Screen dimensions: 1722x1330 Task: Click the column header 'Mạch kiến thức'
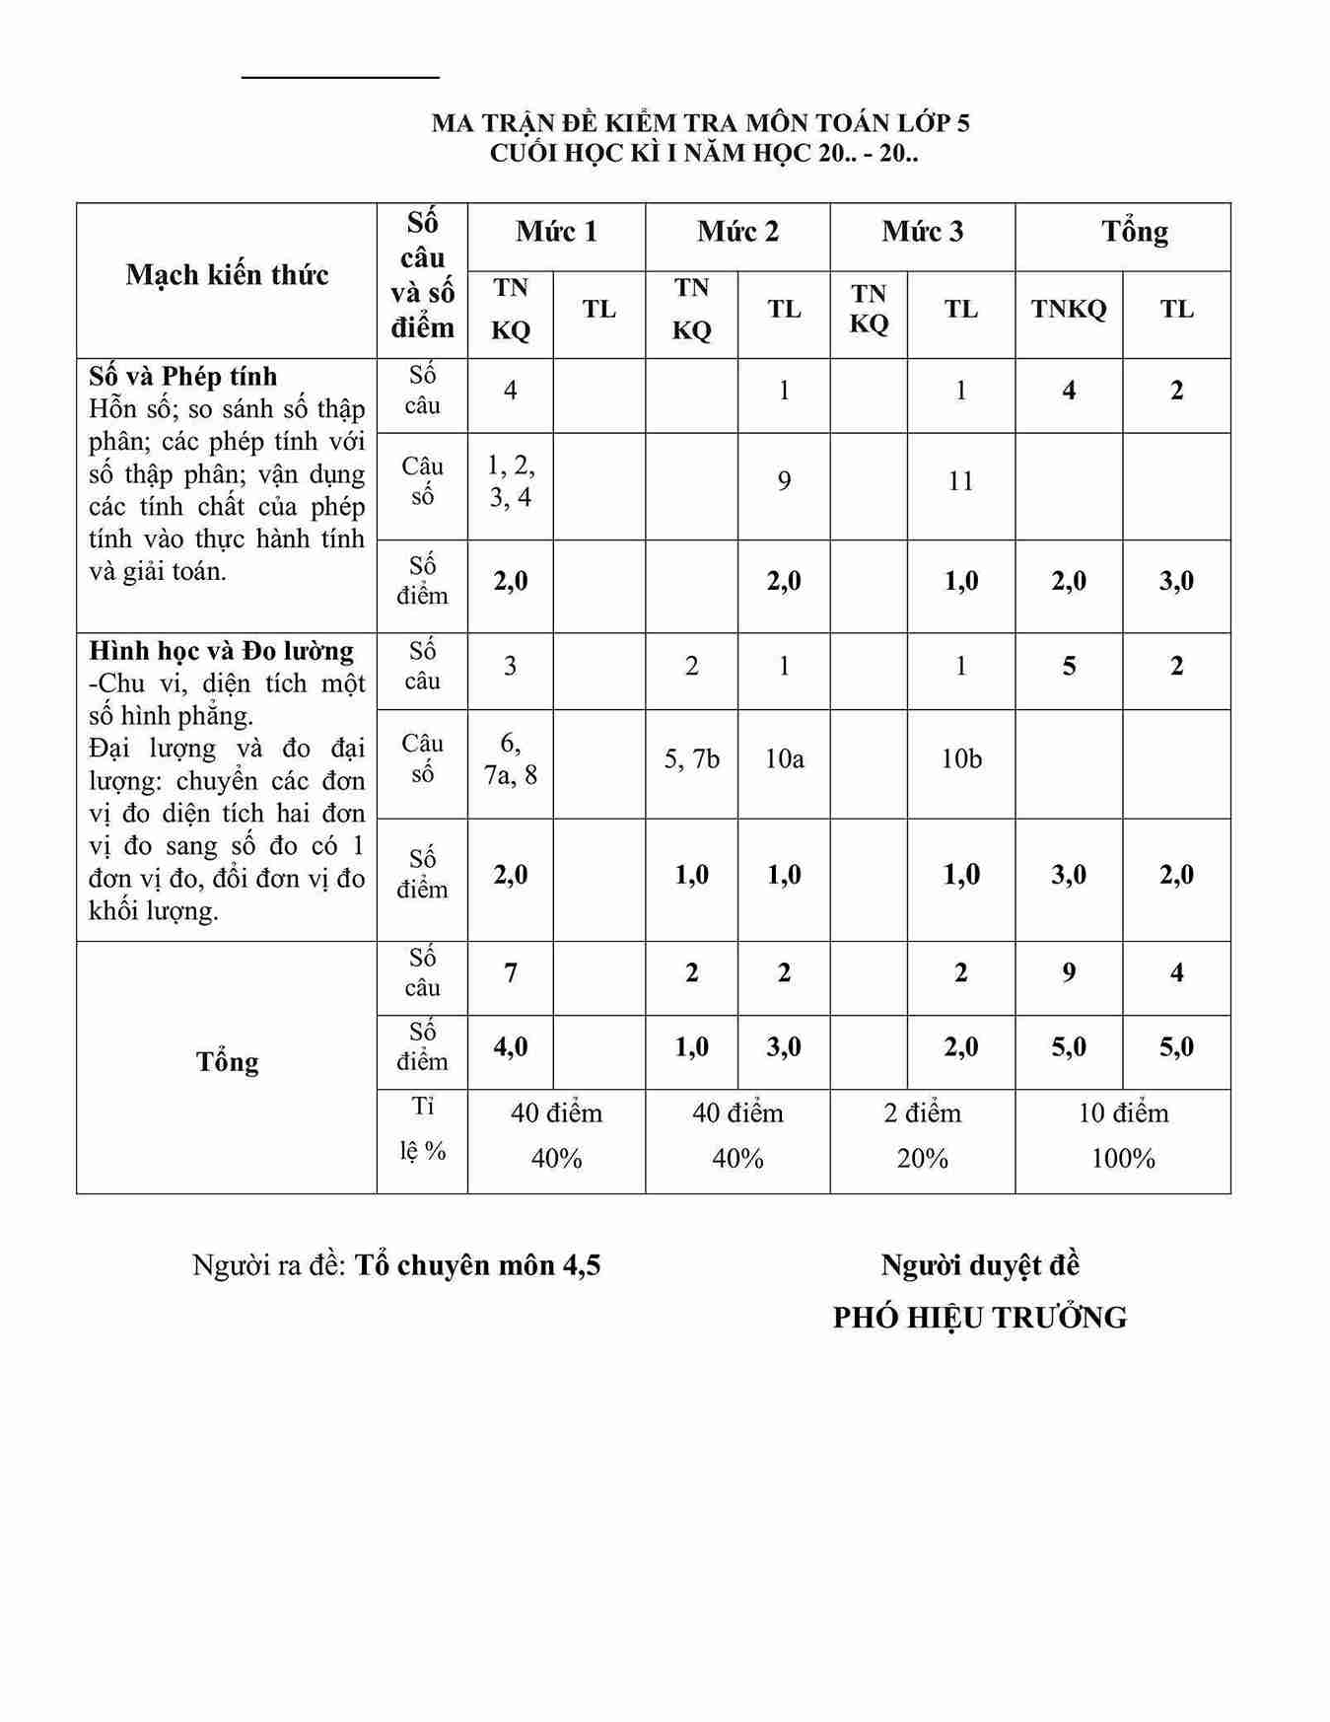[227, 275]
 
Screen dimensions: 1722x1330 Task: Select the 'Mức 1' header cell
[556, 232]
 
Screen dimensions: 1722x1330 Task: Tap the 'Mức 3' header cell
[922, 232]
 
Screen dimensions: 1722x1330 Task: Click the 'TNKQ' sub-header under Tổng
[1069, 310]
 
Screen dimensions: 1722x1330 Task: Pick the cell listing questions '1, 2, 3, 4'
[511, 481]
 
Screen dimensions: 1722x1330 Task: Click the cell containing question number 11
[960, 481]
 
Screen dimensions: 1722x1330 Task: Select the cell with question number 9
[784, 481]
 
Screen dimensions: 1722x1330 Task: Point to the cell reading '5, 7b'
[691, 759]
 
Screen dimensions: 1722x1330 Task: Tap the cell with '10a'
[784, 759]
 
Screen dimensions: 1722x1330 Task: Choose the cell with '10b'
[960, 759]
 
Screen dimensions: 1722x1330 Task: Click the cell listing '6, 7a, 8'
[511, 759]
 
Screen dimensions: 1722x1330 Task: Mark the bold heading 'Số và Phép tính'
[183, 377]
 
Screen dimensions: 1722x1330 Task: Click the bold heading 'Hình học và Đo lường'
[221, 651]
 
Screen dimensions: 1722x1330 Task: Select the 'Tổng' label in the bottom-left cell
[227, 1062]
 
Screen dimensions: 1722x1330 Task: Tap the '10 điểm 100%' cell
[1123, 1135]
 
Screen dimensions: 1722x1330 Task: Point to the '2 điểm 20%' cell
[922, 1135]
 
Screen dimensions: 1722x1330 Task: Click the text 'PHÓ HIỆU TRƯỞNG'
[979, 1318]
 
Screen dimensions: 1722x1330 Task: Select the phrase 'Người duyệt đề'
[980, 1264]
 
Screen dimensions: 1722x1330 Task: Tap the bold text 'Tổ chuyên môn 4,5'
[477, 1265]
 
